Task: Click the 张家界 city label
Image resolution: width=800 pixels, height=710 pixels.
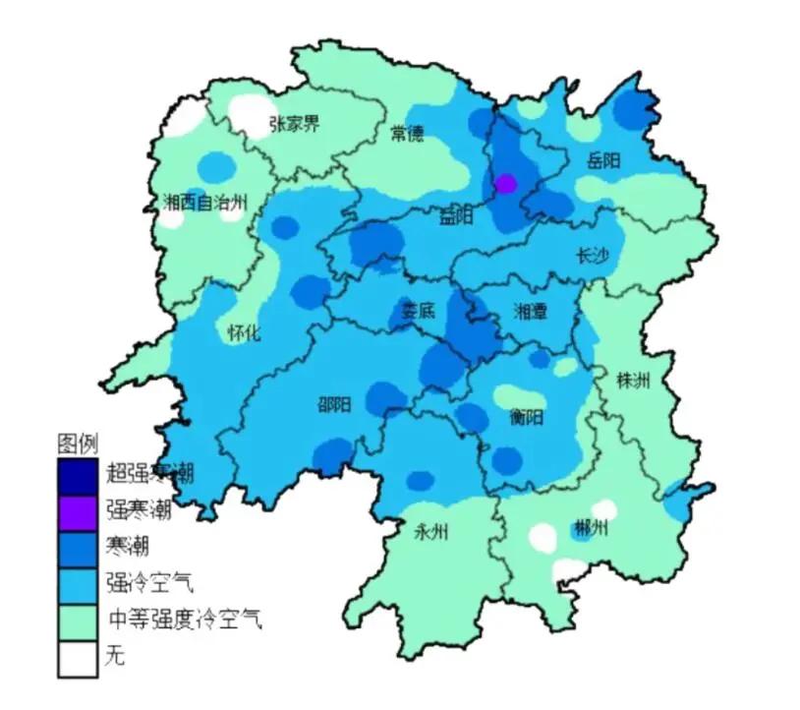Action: [294, 125]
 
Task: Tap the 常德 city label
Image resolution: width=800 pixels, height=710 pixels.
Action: [407, 134]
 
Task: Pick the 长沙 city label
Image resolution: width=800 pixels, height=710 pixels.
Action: [592, 256]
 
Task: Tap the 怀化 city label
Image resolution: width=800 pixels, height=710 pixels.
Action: [244, 332]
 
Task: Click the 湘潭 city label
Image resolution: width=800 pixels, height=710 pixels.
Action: [531, 312]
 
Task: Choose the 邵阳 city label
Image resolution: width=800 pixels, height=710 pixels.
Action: [333, 403]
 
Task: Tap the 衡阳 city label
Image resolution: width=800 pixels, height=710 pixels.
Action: [526, 416]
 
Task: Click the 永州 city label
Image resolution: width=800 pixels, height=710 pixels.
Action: [430, 532]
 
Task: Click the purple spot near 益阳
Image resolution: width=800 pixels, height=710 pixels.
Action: [506, 184]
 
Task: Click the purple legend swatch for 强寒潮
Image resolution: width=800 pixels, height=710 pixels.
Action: [78, 509]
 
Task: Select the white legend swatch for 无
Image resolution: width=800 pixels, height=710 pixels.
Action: [78, 656]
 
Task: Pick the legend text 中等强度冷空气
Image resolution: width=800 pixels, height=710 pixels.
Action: [185, 620]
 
